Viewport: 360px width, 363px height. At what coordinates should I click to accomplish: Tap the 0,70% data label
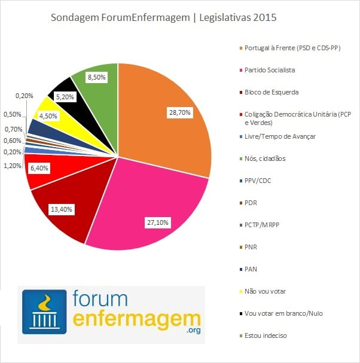tap(13, 129)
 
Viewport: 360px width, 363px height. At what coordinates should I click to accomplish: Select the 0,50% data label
tap(13, 114)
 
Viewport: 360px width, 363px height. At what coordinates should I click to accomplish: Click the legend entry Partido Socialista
tap(270, 70)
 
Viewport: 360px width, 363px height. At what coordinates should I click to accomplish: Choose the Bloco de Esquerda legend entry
tap(271, 92)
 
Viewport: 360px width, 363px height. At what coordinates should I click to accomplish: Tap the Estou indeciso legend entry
tap(266, 335)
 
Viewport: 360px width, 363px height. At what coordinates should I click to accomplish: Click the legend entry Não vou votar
tap(265, 291)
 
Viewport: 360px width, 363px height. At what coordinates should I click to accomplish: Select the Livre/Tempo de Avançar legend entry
tap(280, 136)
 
